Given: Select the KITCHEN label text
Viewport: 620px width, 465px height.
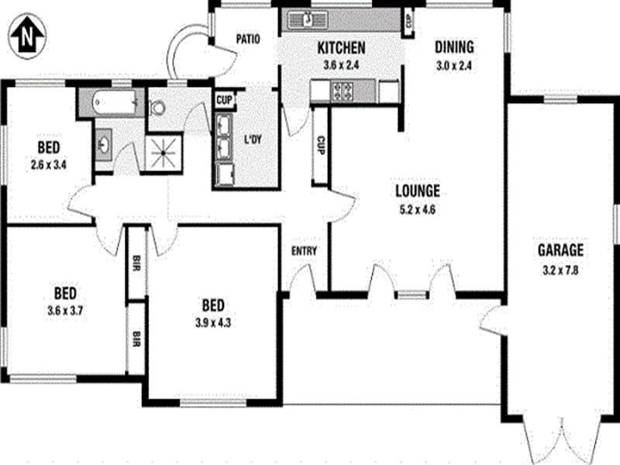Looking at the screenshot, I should coord(341,48).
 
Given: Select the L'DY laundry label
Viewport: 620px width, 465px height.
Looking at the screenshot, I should coord(253,139).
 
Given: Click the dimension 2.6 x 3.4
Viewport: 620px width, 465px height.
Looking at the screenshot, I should coord(48,164).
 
